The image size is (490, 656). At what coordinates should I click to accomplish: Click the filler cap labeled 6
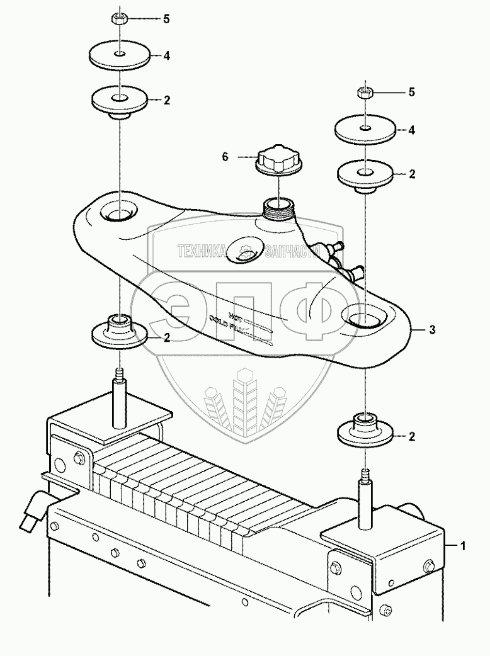[278, 160]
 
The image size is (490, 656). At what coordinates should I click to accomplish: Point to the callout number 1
[464, 546]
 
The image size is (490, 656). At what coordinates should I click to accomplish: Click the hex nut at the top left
[119, 18]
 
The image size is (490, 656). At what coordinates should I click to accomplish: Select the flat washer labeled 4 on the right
[365, 131]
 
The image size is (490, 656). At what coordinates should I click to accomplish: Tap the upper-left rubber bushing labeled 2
[118, 101]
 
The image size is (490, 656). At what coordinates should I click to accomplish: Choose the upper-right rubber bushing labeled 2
[365, 174]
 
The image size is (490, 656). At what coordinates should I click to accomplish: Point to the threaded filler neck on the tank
[278, 208]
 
